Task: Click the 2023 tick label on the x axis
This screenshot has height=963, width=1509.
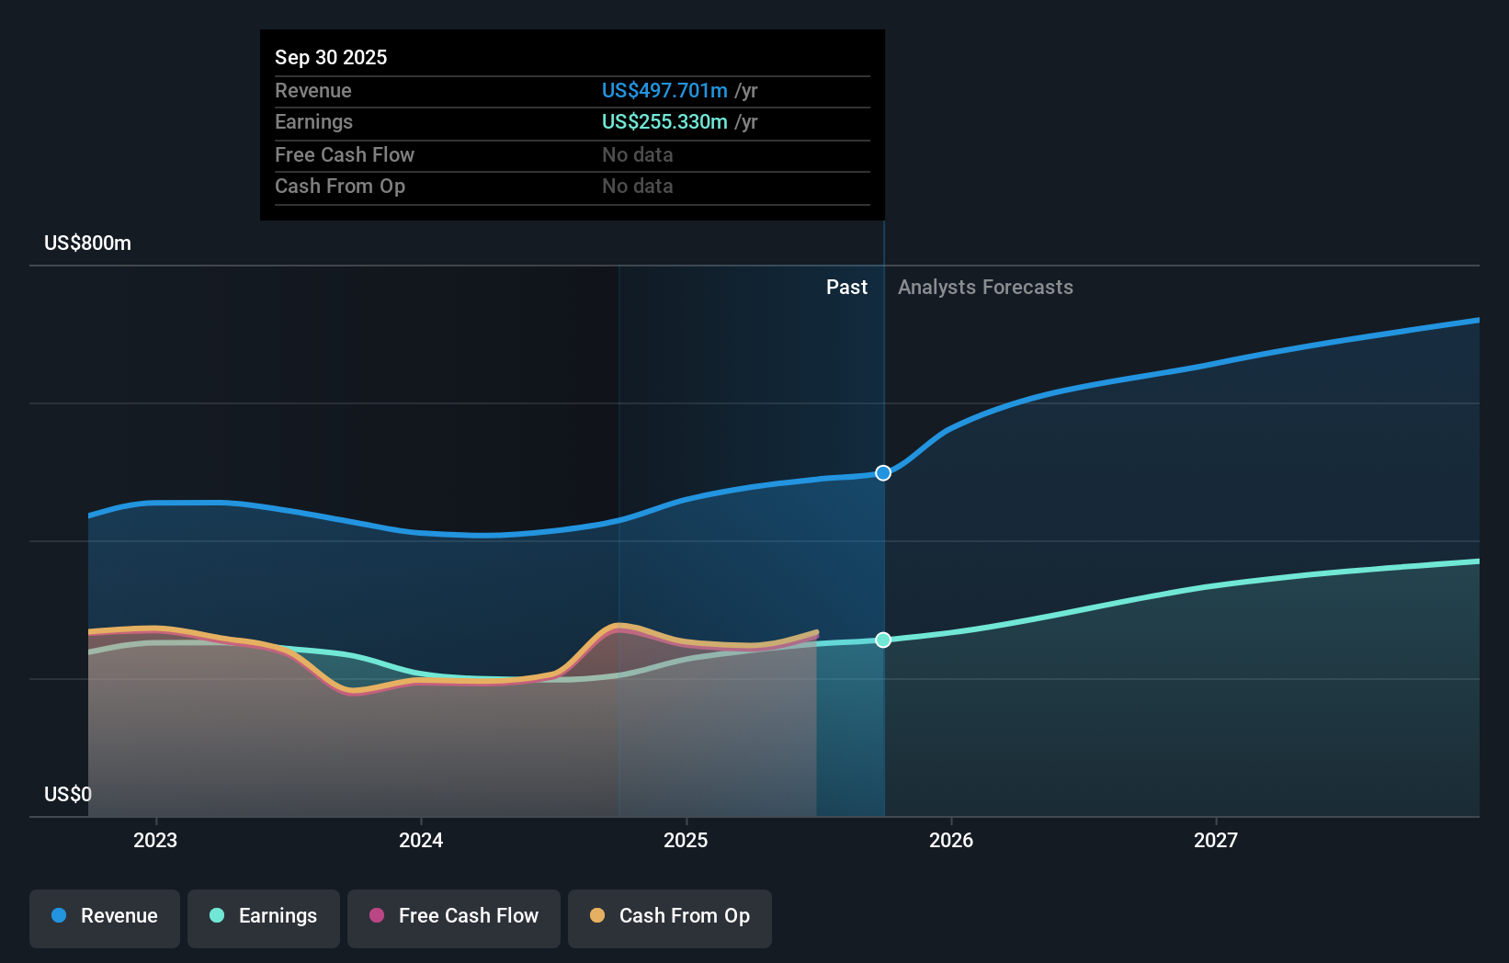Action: (155, 840)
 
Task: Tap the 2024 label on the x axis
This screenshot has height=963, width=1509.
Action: (421, 840)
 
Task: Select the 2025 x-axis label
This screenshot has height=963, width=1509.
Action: (686, 840)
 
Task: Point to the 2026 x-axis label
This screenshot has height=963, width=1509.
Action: (951, 840)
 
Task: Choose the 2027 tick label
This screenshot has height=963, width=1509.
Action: (1216, 840)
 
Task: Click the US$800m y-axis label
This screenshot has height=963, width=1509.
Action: (87, 244)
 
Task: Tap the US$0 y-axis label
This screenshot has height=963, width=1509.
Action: (68, 794)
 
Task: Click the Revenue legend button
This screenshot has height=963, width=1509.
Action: (105, 916)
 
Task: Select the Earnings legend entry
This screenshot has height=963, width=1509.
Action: (264, 916)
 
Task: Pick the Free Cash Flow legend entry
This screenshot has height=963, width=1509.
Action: (454, 916)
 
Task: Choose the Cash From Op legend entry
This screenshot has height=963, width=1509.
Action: (670, 916)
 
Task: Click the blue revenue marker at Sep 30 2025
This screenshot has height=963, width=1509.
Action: (883, 473)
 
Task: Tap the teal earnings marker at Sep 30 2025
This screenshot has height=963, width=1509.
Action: (883, 640)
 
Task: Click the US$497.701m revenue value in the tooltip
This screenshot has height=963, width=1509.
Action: (664, 91)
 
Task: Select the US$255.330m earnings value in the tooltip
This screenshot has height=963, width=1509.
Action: (664, 122)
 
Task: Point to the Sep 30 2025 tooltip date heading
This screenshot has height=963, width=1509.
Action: (331, 57)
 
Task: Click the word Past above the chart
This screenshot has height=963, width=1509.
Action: (846, 288)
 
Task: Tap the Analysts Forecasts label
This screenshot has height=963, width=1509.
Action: (985, 288)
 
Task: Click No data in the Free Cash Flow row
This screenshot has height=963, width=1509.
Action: (637, 155)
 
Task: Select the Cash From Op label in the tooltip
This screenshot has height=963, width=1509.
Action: (340, 187)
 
